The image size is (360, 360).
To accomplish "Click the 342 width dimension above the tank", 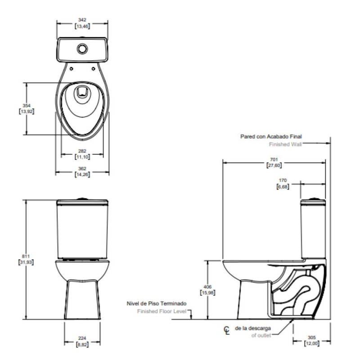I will [x=82, y=20].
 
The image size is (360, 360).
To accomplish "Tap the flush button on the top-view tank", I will [x=82, y=47].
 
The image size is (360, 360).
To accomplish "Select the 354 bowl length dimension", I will [x=27, y=105].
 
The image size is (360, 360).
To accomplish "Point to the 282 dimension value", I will [x=82, y=151].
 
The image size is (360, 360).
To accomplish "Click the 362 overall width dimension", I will [x=82, y=169].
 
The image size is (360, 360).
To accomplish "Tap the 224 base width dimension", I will [x=82, y=338].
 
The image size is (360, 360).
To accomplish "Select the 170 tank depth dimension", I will [x=283, y=180].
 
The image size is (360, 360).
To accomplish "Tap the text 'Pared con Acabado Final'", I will [x=270, y=136].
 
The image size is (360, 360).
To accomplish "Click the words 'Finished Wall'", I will [x=285, y=144].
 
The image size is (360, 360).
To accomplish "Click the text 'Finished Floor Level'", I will [x=162, y=311].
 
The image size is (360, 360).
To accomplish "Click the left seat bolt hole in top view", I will [x=72, y=68].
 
